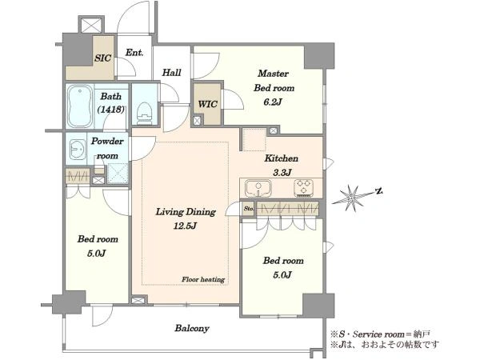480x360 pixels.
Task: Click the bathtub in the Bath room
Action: pyautogui.click(x=80, y=106)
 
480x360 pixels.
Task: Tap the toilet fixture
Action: pyautogui.click(x=145, y=113)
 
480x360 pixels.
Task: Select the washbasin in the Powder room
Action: pyautogui.click(x=78, y=150)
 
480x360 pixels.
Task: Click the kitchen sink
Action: pyautogui.click(x=258, y=188)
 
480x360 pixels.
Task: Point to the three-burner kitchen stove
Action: pyautogui.click(x=304, y=187)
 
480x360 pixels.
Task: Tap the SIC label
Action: pyautogui.click(x=102, y=58)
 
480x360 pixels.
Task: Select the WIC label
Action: pyautogui.click(x=207, y=104)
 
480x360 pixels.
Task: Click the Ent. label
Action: pyautogui.click(x=134, y=52)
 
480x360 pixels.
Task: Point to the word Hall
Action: pyautogui.click(x=171, y=72)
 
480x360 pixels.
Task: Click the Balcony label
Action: pyautogui.click(x=192, y=328)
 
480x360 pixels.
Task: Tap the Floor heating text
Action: pyautogui.click(x=203, y=279)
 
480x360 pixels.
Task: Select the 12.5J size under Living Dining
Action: pyautogui.click(x=186, y=226)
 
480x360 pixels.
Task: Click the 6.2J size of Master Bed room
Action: pyautogui.click(x=273, y=102)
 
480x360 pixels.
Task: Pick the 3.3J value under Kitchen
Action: pyautogui.click(x=282, y=173)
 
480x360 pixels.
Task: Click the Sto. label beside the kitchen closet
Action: pyautogui.click(x=248, y=209)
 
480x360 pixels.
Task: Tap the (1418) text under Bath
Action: pyautogui.click(x=111, y=110)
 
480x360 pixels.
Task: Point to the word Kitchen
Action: pyautogui.click(x=282, y=158)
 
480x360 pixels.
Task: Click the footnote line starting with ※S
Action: pyautogui.click(x=381, y=334)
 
